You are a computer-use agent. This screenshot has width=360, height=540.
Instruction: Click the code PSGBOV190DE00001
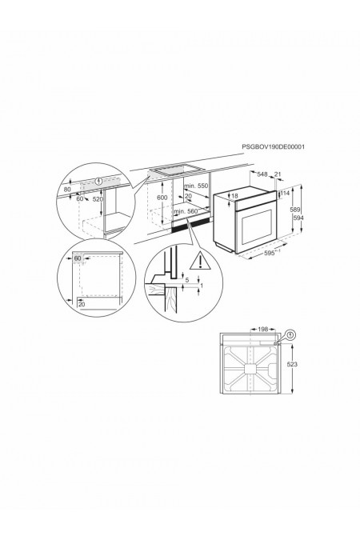(x=274, y=147)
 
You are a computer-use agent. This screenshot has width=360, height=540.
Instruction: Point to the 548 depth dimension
(x=262, y=174)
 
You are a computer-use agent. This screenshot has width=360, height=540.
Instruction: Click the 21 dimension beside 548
(x=278, y=174)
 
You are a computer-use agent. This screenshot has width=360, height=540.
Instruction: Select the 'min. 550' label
(x=196, y=186)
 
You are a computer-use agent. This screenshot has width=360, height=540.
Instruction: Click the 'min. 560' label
(x=196, y=210)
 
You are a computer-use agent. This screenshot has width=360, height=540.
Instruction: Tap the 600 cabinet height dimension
(x=162, y=197)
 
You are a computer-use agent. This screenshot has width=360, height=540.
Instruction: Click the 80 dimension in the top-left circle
(x=69, y=190)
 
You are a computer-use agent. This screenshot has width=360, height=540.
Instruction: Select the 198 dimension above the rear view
(x=263, y=329)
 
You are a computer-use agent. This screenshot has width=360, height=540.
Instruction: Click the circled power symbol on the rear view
(x=289, y=335)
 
